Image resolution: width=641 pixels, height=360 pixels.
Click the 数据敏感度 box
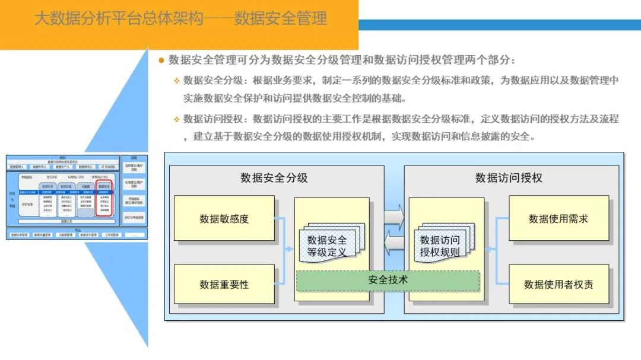[x=224, y=218]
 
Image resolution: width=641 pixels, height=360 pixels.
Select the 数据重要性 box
[x=224, y=284]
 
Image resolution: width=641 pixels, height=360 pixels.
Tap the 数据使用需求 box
[x=559, y=218]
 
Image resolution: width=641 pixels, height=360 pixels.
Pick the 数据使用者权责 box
[x=559, y=284]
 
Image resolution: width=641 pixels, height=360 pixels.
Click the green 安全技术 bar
[x=388, y=280]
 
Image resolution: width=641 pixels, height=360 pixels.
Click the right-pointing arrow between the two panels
[x=394, y=216]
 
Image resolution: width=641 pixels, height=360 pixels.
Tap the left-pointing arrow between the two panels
[x=394, y=241]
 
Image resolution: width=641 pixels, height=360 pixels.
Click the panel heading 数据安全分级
[x=274, y=177]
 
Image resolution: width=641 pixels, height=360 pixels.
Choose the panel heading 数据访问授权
[x=509, y=177]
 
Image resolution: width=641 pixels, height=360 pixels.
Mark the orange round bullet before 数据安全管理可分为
[x=161, y=60]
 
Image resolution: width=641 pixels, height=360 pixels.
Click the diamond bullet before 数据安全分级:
[x=176, y=81]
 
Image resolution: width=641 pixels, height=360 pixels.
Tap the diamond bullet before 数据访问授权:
[x=176, y=119]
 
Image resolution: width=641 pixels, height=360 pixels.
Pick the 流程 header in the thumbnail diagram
[x=134, y=158]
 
